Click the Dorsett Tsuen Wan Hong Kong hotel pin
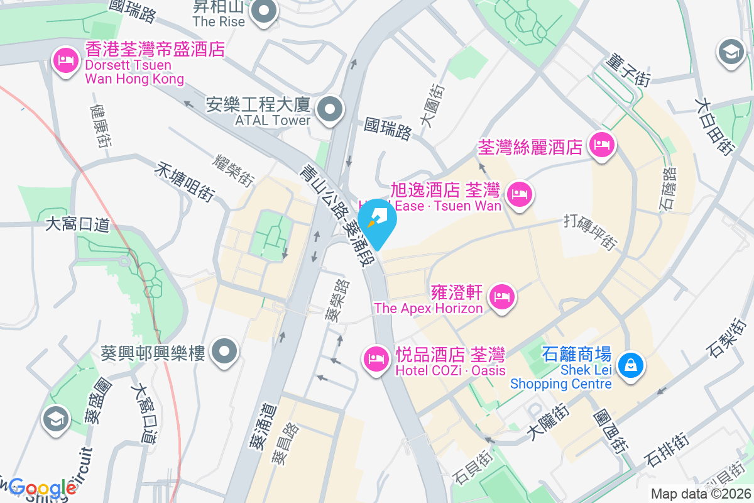pos(66,61)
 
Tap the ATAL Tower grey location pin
pos(330,111)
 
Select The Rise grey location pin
pos(265,12)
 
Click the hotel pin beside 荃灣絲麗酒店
pos(602,146)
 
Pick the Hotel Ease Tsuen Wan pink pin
pos(520,193)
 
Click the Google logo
pos(43,488)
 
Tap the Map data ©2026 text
pos(701,494)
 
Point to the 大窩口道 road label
pos(78,224)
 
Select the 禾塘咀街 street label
pos(184,183)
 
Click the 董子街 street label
pos(628,70)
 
